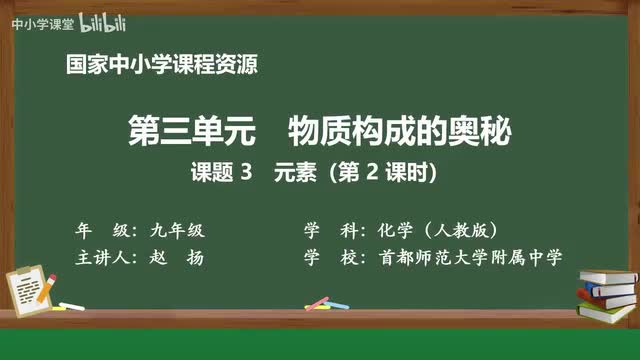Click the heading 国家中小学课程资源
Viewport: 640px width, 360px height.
point(161,66)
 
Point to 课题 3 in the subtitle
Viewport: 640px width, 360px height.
point(221,172)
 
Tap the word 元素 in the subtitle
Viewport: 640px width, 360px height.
point(295,172)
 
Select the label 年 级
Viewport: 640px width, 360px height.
point(102,229)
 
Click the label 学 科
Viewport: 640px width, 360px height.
point(331,229)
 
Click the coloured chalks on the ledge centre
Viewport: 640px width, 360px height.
point(318,302)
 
